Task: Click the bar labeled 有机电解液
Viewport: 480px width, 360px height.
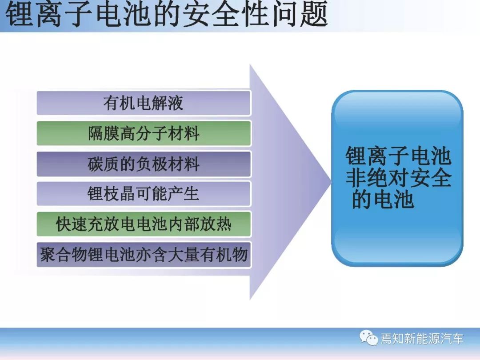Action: tap(144, 103)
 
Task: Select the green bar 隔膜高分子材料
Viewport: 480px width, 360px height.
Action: tap(144, 133)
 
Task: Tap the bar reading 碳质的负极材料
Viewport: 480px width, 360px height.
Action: tap(144, 164)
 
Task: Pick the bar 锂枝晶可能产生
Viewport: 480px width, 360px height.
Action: tap(144, 194)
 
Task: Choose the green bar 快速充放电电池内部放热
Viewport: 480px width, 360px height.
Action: tap(144, 224)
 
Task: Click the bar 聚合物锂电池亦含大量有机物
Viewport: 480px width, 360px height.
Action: tap(144, 255)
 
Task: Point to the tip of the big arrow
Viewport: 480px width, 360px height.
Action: tap(332, 182)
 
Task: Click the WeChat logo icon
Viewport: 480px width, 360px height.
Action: tap(368, 338)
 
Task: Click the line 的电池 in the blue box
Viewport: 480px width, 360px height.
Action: tap(383, 200)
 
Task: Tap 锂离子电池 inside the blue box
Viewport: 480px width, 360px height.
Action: tap(399, 156)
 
